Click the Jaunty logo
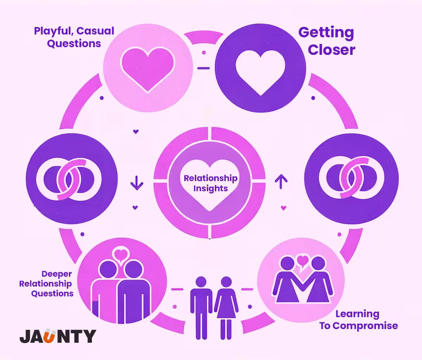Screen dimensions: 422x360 [x=58, y=336]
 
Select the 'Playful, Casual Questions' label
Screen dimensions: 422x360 [x=74, y=37]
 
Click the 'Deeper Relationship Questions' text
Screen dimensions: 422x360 [x=46, y=284]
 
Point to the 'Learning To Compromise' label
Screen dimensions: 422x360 [x=358, y=320]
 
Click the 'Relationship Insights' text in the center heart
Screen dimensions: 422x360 [x=211, y=183]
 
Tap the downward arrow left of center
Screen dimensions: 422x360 [x=136, y=183]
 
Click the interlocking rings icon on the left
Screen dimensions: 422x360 [x=69, y=180]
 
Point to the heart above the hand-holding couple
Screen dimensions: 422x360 [x=303, y=261]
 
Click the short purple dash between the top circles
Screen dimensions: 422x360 [x=204, y=68]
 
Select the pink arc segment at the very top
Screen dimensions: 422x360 [x=204, y=37]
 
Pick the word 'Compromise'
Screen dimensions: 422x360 [x=365, y=326]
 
